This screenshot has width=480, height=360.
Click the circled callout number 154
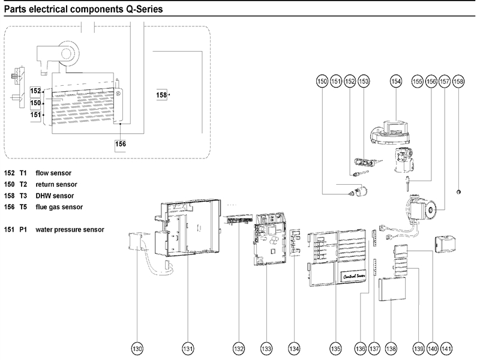[395, 81]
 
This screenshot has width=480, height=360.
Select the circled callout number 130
[137, 348]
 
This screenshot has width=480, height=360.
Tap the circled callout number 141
[446, 348]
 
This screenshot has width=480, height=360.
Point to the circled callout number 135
[335, 348]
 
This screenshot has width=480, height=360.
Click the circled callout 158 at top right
[458, 81]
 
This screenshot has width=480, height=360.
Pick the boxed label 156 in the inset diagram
[121, 143]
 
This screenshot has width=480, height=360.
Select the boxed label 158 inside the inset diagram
[161, 95]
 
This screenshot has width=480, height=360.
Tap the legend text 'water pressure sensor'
[70, 229]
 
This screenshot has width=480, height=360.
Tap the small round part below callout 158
[458, 192]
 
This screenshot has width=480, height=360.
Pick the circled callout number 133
[266, 348]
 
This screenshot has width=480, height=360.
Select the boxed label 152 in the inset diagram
[35, 91]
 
